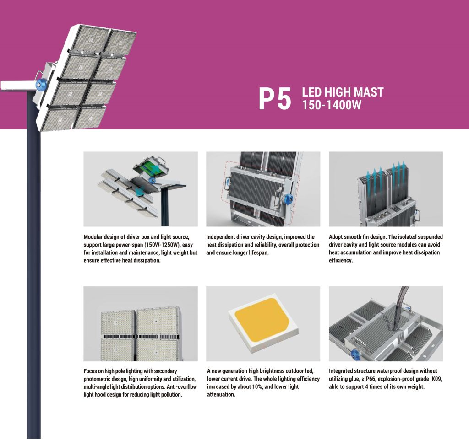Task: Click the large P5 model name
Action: pyautogui.click(x=275, y=99)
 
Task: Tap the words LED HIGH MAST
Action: pyautogui.click(x=343, y=92)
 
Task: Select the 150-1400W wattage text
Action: pyautogui.click(x=332, y=105)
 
